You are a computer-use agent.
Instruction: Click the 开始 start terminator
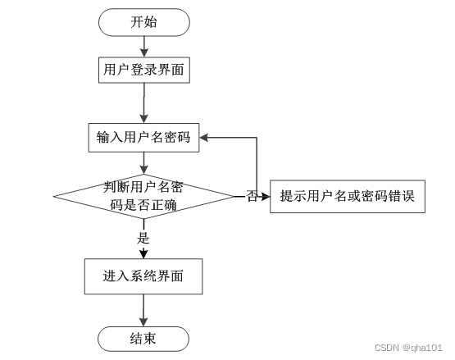pyautogui.click(x=144, y=22)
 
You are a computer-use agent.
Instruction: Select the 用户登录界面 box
pyautogui.click(x=144, y=70)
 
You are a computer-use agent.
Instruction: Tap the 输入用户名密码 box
pyautogui.click(x=143, y=138)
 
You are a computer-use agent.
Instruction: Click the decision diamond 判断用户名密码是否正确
pyautogui.click(x=143, y=197)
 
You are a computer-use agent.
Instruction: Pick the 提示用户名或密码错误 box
pyautogui.click(x=348, y=197)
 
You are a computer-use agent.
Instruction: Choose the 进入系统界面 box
pyautogui.click(x=143, y=276)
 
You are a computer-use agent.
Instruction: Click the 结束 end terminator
pyautogui.click(x=143, y=339)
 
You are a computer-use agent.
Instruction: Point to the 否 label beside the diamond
pyautogui.click(x=253, y=196)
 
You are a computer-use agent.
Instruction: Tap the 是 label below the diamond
pyautogui.click(x=143, y=238)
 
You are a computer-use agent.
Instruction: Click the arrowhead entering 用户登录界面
pyautogui.click(x=144, y=52)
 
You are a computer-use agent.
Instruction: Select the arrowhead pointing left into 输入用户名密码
pyautogui.click(x=203, y=138)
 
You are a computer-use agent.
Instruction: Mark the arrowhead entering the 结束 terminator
pyautogui.click(x=143, y=322)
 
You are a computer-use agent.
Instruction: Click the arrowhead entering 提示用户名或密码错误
pyautogui.click(x=266, y=197)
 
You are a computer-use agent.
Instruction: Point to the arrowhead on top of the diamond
pyautogui.click(x=143, y=170)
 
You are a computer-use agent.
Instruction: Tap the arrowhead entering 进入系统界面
pyautogui.click(x=143, y=254)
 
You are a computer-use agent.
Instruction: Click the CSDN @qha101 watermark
pyautogui.click(x=408, y=348)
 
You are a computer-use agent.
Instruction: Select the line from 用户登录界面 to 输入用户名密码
pyautogui.click(x=144, y=103)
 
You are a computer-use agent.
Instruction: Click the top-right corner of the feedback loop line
pyautogui.click(x=257, y=138)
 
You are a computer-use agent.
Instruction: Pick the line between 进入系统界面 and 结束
pyautogui.click(x=143, y=310)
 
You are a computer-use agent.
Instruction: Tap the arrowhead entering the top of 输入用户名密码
pyautogui.click(x=144, y=119)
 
